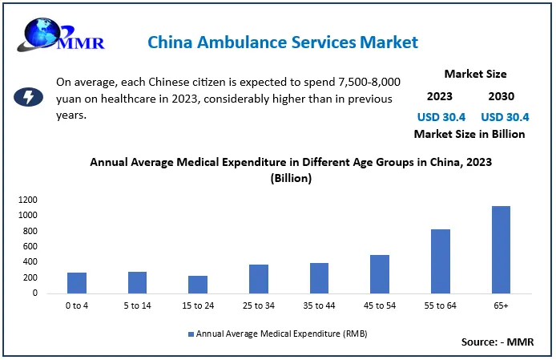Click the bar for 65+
(x=501, y=249)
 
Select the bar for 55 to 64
(x=440, y=261)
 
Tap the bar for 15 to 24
(x=197, y=285)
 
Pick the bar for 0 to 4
(x=77, y=283)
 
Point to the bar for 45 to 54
(x=379, y=274)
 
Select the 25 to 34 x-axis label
(x=259, y=305)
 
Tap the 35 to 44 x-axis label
(x=319, y=305)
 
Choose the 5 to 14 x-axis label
(x=137, y=305)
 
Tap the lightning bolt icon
(x=30, y=98)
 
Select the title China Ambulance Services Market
(x=282, y=41)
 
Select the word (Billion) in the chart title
(x=290, y=179)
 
